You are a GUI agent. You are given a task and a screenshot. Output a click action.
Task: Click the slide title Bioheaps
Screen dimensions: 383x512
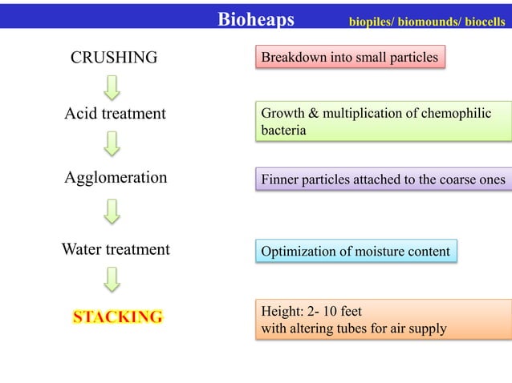point(256,18)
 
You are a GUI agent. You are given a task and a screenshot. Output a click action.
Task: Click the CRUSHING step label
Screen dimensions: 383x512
point(114,58)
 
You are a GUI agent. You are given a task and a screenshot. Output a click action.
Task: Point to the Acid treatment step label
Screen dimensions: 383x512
point(115,114)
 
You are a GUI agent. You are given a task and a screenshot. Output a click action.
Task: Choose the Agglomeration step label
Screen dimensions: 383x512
point(116,177)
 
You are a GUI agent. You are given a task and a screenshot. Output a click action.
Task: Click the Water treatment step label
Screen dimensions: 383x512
point(116,249)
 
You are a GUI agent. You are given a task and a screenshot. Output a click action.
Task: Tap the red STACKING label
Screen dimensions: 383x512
point(117,316)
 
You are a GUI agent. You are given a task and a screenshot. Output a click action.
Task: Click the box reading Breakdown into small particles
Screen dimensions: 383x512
point(350,58)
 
